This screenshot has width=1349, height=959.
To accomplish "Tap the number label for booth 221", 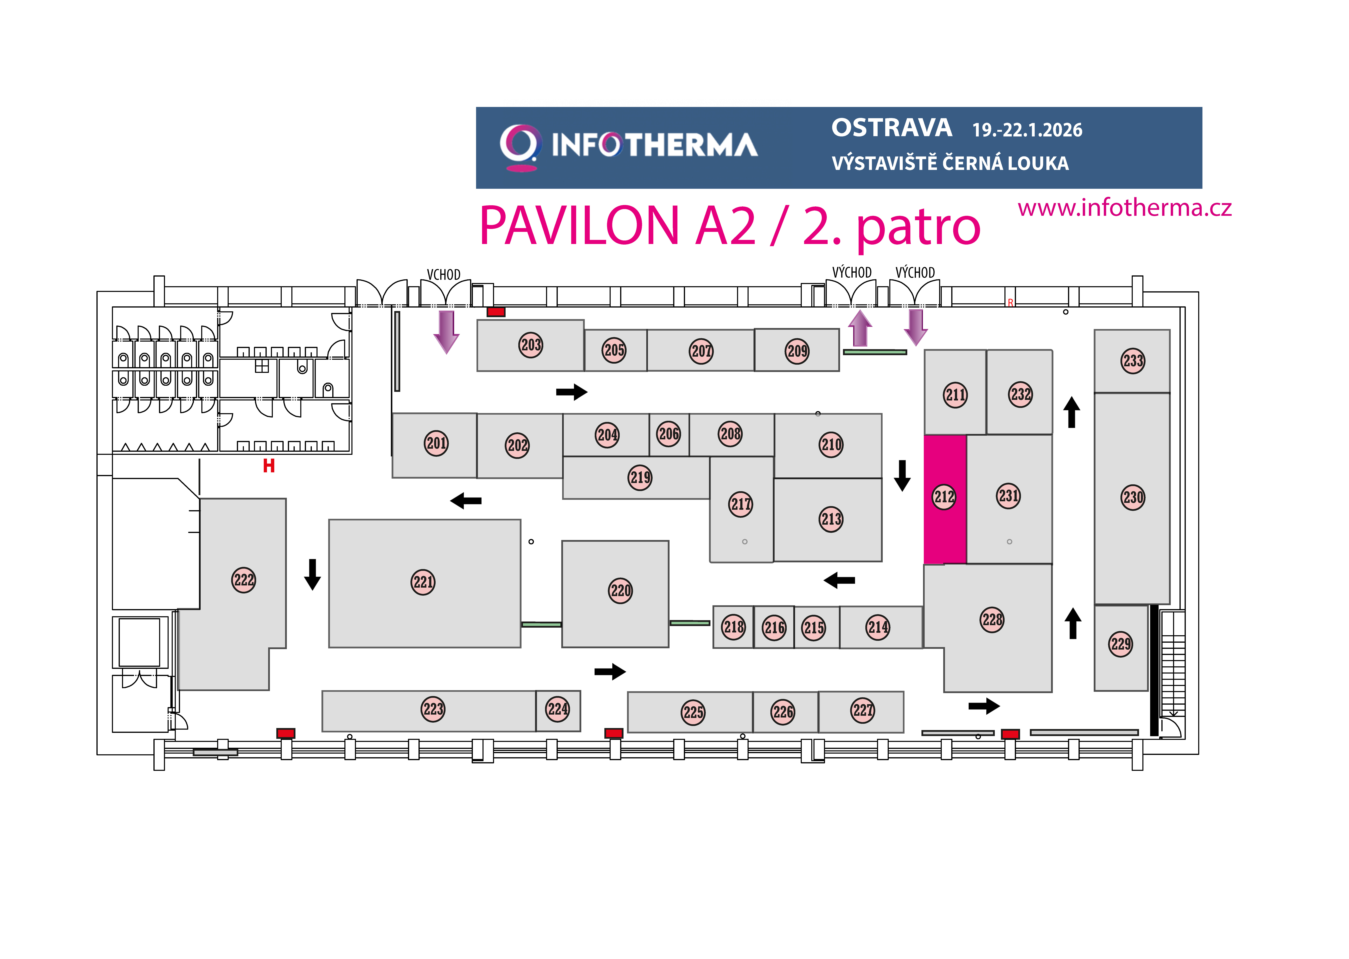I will tap(423, 582).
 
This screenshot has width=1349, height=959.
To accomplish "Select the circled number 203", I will tap(531, 345).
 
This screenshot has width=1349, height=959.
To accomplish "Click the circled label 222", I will tap(243, 580).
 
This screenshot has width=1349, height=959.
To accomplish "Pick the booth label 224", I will tap(558, 709).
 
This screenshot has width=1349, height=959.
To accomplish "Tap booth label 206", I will tap(669, 434).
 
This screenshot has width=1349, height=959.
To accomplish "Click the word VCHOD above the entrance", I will tap(444, 275).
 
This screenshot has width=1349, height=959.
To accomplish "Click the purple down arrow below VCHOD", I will tap(447, 332).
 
